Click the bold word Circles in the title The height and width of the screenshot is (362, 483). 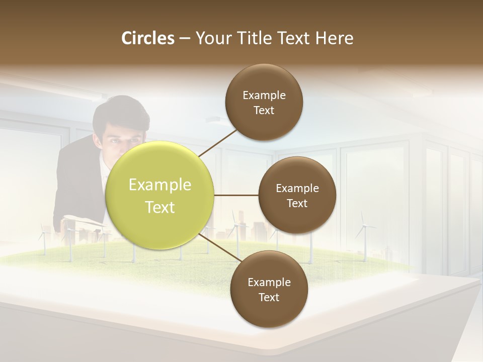tap(148, 38)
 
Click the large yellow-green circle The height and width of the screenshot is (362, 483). tap(160, 196)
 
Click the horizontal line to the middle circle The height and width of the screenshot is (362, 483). tap(236, 195)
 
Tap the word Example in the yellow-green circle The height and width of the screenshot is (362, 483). tap(160, 185)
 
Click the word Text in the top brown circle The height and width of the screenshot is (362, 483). tap(264, 111)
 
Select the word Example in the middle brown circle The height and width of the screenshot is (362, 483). tap(297, 189)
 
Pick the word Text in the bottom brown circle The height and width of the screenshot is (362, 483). tap(269, 297)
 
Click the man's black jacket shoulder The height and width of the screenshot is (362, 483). tap(73, 161)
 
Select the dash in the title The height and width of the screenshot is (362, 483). tap(185, 38)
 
